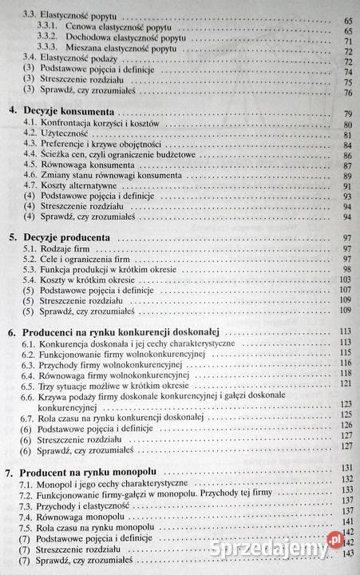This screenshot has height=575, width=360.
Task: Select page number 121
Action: click(346, 383)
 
